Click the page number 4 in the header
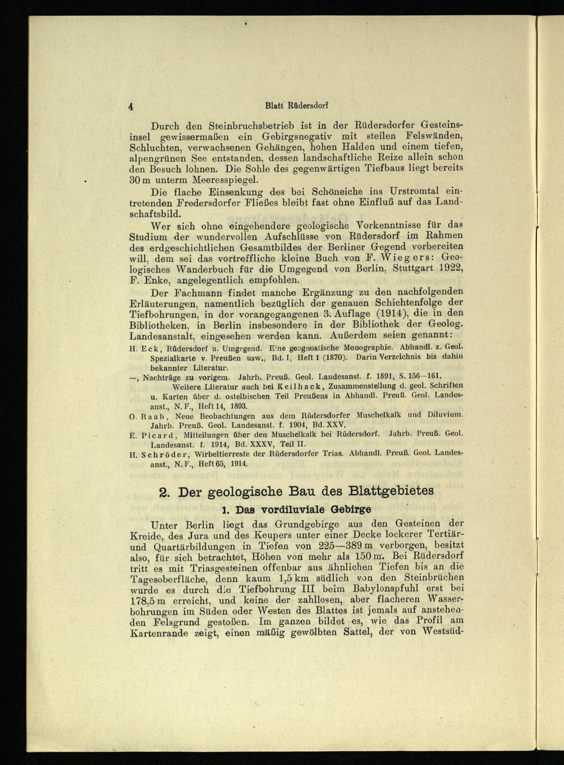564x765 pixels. [x=131, y=106]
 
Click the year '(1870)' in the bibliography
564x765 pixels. [x=340, y=357]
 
